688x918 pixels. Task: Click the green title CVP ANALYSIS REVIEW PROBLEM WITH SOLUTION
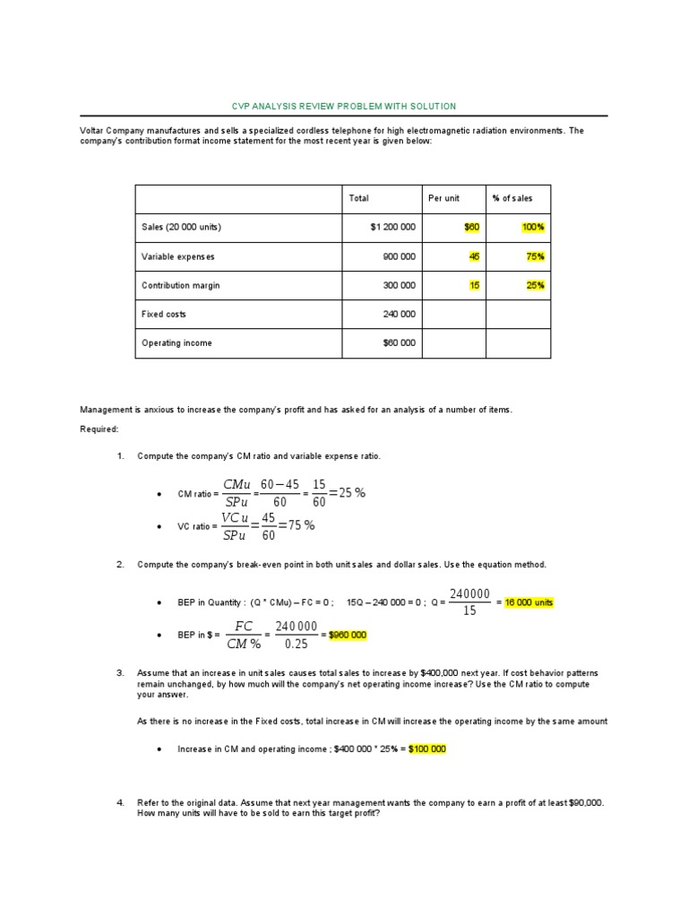click(344, 106)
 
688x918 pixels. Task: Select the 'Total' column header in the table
click(358, 198)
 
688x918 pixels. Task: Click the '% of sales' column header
click(511, 198)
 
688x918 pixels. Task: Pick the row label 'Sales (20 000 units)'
click(181, 228)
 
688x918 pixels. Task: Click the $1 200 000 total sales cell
click(392, 228)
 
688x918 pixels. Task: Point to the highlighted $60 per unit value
click(471, 228)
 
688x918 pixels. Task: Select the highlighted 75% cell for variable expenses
click(535, 256)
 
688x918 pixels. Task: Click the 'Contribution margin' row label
click(180, 285)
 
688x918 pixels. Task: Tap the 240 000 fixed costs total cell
click(400, 315)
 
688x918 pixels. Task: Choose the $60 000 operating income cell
click(398, 343)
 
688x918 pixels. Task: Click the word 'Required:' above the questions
click(99, 429)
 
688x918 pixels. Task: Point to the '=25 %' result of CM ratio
click(348, 493)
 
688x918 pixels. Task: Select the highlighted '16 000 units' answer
click(529, 602)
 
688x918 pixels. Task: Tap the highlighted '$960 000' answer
click(348, 635)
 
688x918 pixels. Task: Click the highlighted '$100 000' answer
click(426, 749)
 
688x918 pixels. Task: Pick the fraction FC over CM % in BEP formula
click(243, 635)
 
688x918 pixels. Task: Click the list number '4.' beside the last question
click(120, 802)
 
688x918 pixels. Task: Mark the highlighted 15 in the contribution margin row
click(474, 285)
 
